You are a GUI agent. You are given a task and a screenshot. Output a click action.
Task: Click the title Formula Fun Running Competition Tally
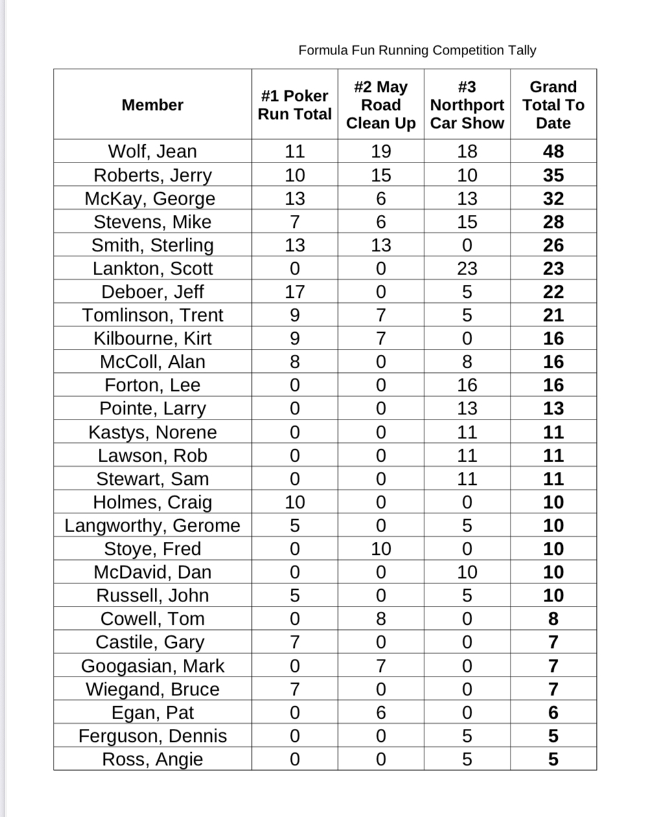(x=417, y=50)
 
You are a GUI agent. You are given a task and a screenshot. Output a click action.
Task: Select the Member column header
(x=152, y=105)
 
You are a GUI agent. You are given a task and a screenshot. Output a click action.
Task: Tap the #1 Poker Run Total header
(x=295, y=105)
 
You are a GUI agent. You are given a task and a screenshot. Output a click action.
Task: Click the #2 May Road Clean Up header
(x=381, y=105)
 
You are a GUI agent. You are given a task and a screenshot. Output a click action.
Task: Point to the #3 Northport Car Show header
(x=467, y=105)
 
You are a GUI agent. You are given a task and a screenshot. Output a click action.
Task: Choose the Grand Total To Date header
(x=553, y=105)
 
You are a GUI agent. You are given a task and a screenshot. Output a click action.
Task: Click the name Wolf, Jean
(x=152, y=151)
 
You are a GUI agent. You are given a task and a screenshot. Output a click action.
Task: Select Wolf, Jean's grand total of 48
(x=553, y=151)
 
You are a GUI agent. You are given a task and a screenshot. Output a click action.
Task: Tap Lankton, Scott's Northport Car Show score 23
(x=467, y=269)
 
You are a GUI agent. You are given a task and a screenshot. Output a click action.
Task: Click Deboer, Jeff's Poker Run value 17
(x=295, y=292)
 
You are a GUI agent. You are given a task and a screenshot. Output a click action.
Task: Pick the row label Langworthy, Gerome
(x=152, y=526)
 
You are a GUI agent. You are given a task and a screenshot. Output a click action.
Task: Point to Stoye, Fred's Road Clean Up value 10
(x=381, y=549)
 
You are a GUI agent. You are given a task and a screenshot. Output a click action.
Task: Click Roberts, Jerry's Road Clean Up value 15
(x=381, y=175)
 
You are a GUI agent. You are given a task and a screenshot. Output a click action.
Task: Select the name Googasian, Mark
(x=152, y=666)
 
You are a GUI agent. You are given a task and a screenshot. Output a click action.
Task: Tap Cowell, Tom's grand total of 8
(x=553, y=620)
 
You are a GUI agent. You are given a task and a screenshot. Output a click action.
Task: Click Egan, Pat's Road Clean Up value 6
(x=381, y=713)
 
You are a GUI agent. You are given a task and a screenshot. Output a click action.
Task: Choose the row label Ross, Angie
(x=152, y=759)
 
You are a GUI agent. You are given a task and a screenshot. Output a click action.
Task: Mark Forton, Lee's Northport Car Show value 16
(x=467, y=385)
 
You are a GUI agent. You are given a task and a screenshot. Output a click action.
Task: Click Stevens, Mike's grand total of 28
(x=553, y=222)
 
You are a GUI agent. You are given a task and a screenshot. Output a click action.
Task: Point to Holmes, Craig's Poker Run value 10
(x=295, y=502)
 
